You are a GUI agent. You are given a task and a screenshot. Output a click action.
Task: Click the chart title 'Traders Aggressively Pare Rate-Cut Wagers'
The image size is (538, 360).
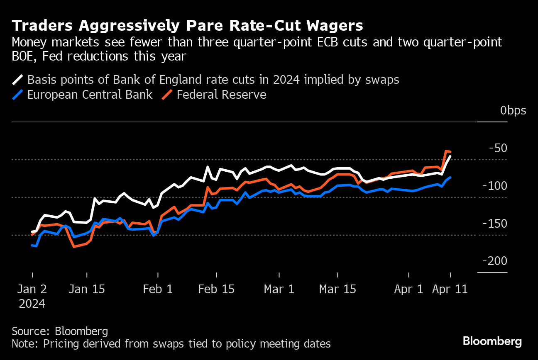point(188,26)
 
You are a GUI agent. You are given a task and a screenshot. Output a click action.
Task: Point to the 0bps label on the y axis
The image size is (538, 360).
point(513,111)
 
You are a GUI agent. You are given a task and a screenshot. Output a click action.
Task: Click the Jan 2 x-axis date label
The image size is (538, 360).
point(32,289)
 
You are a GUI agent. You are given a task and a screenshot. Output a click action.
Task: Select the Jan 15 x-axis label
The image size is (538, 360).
point(87,289)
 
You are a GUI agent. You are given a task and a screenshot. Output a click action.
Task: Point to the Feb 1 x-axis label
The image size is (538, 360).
point(158,289)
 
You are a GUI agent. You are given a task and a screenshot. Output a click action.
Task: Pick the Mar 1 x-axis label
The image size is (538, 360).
point(279,289)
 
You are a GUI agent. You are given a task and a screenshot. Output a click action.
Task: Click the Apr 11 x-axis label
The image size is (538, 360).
point(450,289)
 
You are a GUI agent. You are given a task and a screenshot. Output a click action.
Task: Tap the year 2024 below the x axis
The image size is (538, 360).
point(32,304)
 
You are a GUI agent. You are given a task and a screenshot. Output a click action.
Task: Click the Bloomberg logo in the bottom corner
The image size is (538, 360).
point(492,342)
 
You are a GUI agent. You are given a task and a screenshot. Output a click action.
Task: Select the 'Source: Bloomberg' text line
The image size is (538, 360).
point(60,331)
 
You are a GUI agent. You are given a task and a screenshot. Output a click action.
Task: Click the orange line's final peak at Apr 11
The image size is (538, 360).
point(446,151)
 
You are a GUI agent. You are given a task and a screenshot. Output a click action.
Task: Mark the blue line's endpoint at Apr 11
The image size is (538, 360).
point(450,178)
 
